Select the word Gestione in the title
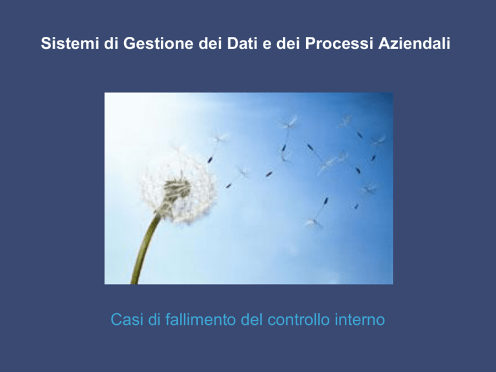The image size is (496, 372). pyautogui.click(x=158, y=43)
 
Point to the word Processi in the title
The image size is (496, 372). pyautogui.click(x=339, y=43)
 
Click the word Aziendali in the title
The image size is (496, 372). pyautogui.click(x=415, y=43)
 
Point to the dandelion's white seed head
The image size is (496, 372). pyautogui.click(x=178, y=187)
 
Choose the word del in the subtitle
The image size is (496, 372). pyautogui.click(x=252, y=320)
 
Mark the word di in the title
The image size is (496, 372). pyautogui.click(x=111, y=43)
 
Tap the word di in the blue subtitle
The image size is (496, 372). pyautogui.click(x=154, y=320)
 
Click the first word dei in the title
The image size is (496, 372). pyautogui.click(x=210, y=43)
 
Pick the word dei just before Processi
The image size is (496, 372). pyautogui.click(x=288, y=43)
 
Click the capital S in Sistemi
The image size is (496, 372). pyautogui.click(x=46, y=43)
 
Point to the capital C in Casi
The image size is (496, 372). pyautogui.click(x=116, y=320)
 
